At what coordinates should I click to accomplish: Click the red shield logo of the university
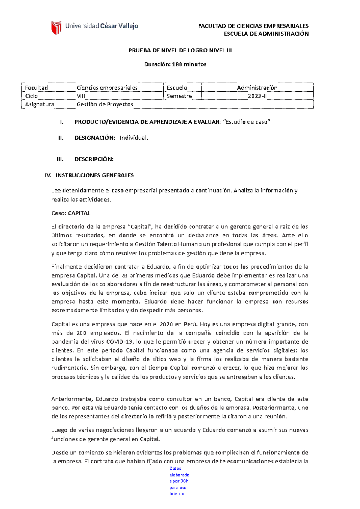tap(56, 28)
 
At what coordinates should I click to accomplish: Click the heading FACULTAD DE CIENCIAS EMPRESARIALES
tap(253, 26)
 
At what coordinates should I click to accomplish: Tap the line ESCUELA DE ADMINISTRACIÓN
tap(266, 34)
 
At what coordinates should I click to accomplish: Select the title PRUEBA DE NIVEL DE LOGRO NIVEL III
tap(180, 50)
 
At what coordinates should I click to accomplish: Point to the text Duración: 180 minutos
tap(175, 64)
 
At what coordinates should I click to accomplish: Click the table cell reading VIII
tap(81, 96)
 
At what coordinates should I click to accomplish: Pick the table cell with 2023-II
tap(257, 96)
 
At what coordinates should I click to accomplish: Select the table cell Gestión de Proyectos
tap(105, 104)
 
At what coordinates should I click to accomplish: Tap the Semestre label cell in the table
tap(179, 96)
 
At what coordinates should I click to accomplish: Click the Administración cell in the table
tap(257, 88)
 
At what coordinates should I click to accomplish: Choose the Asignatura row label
tap(40, 104)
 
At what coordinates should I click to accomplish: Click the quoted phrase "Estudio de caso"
tap(247, 122)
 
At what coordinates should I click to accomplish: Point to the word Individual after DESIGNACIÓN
tap(133, 138)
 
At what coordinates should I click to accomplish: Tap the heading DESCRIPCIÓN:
tap(94, 159)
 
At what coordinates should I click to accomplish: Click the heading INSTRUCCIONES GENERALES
tap(94, 175)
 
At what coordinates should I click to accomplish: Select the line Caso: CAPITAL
tap(70, 213)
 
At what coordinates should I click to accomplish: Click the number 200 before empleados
tap(81, 333)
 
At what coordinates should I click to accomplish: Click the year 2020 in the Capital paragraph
tap(166, 324)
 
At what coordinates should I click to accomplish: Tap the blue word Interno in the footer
tap(177, 494)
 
